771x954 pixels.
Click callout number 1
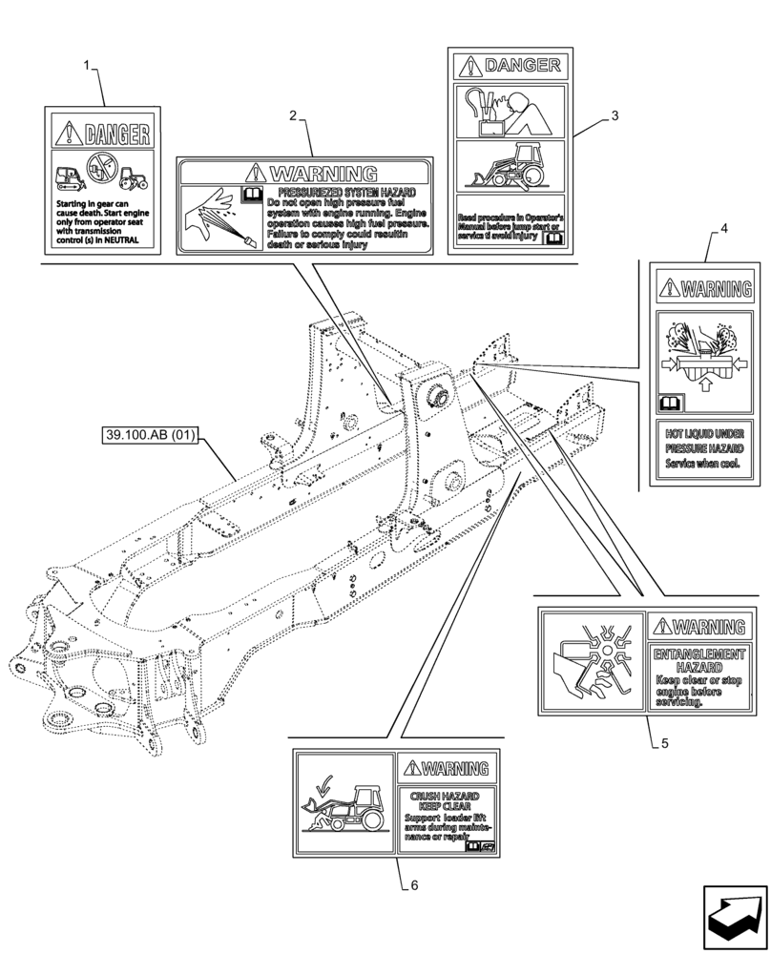click(x=88, y=67)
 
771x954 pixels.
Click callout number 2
click(x=293, y=115)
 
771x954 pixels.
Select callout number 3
click(x=615, y=115)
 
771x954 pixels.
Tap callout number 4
click(x=723, y=229)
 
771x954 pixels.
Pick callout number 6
click(x=413, y=884)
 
